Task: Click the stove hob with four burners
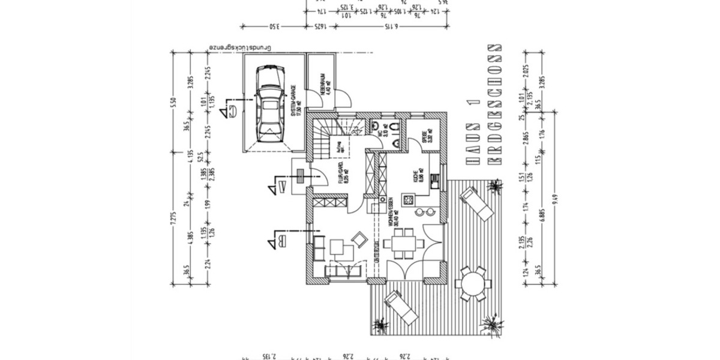pyautogui.click(x=408, y=198)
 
